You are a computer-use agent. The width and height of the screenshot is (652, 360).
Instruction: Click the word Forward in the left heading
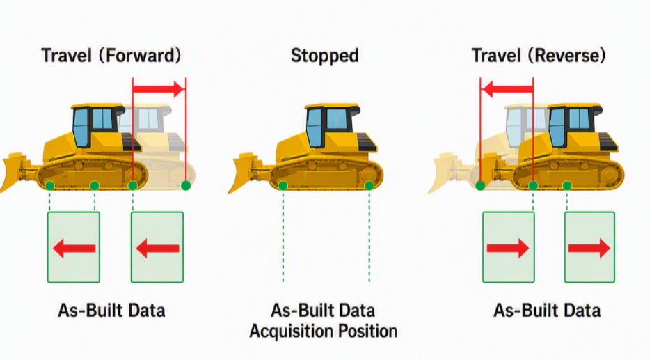[140, 55]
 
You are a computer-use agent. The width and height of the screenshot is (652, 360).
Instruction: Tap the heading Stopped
[325, 56]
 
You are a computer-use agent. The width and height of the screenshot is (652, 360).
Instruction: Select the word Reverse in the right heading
[566, 55]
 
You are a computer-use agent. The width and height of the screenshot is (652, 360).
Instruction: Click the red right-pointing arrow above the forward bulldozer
[158, 88]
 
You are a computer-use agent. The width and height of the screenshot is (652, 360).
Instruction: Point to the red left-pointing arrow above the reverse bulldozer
[508, 88]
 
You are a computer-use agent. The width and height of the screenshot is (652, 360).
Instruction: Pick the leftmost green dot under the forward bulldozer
[49, 186]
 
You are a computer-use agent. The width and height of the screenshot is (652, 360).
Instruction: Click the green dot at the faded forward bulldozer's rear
[186, 186]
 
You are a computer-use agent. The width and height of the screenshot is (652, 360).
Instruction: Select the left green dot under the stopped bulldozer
[283, 186]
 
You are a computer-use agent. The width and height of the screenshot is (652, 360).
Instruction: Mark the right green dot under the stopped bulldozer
[369, 186]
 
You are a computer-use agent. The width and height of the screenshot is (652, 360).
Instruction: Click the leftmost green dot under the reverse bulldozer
[480, 186]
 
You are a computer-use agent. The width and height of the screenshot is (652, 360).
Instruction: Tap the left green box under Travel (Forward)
[74, 247]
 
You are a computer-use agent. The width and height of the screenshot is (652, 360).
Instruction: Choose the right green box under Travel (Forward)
[157, 247]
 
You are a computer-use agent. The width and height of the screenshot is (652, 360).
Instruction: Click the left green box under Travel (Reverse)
[509, 247]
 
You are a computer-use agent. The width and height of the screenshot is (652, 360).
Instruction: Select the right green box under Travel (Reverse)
[589, 247]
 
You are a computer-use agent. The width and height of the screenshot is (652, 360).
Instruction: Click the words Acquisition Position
[324, 331]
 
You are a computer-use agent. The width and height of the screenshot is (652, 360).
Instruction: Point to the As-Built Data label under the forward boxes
[111, 311]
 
